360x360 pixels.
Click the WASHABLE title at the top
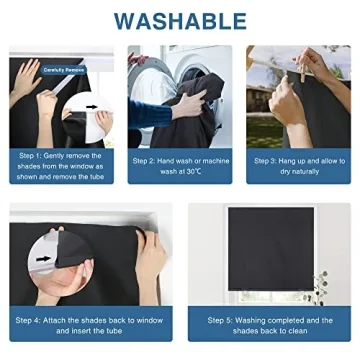(180, 20)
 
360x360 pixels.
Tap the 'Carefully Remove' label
(63, 71)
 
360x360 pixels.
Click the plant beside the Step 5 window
(318, 284)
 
